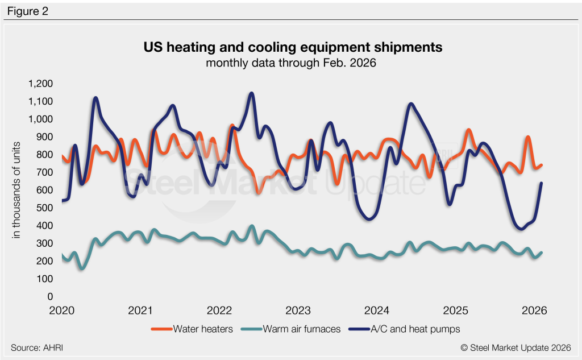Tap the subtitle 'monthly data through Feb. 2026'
click(291, 63)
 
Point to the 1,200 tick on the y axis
click(40, 84)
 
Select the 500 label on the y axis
click(45, 208)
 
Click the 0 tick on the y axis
click(50, 297)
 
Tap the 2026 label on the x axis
click(534, 311)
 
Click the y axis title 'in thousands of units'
click(17, 190)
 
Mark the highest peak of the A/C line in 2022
click(251, 93)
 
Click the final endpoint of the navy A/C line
click(541, 183)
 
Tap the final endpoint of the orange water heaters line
click(541, 165)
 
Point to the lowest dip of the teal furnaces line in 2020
click(81, 268)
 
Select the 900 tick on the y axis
click(45, 137)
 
